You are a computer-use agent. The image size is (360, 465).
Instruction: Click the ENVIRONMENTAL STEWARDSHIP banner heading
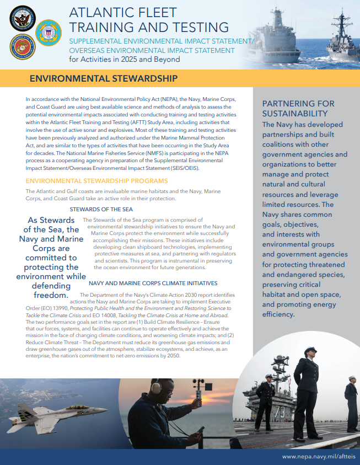[103, 78]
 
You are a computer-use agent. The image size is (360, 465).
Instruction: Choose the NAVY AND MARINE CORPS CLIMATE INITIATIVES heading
[153, 283]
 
